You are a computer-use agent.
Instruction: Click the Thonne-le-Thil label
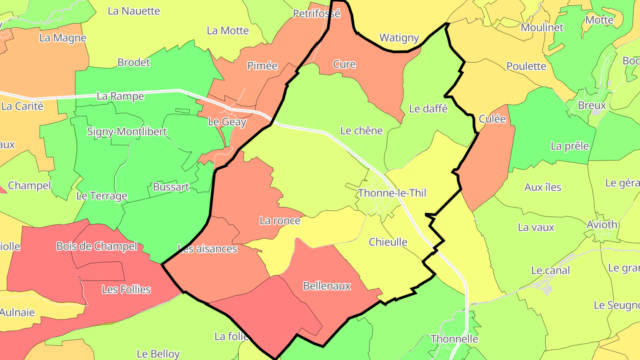click(392, 193)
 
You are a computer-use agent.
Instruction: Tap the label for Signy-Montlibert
click(127, 132)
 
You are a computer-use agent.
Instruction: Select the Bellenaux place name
click(327, 286)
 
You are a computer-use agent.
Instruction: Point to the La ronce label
click(280, 220)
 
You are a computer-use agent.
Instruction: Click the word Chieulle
click(388, 242)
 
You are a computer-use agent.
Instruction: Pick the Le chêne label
click(361, 131)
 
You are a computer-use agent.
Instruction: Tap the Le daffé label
click(428, 108)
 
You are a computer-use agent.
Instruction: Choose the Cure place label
click(344, 64)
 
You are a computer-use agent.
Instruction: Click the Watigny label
click(399, 38)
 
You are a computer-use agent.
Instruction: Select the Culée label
click(492, 119)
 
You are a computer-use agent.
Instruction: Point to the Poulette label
click(526, 66)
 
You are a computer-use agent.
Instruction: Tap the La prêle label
click(570, 146)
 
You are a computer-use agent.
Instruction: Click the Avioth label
click(602, 224)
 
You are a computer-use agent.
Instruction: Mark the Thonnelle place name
click(454, 339)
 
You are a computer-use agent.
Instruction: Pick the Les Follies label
click(126, 289)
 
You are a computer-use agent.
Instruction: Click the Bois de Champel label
click(97, 246)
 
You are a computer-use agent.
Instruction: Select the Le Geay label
click(227, 122)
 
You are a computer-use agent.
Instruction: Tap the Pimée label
click(262, 66)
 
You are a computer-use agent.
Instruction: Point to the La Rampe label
click(120, 96)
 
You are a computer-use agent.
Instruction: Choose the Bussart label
click(171, 187)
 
